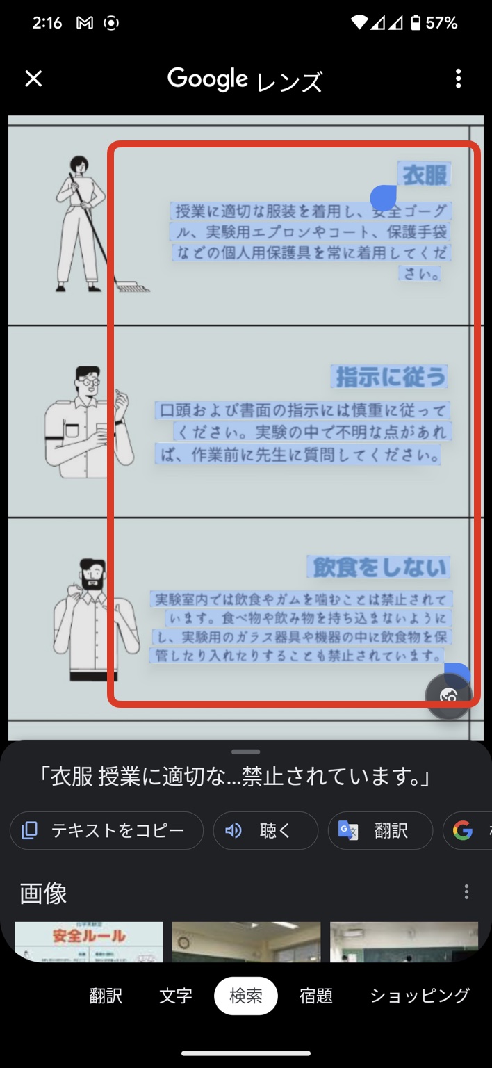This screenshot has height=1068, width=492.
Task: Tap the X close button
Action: pos(33,79)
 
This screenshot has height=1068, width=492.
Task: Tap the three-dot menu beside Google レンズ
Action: pos(458,79)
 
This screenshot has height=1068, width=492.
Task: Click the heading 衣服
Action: pos(425,175)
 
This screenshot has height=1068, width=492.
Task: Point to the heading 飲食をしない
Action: pos(379,567)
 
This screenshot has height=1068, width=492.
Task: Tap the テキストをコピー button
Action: pos(106,830)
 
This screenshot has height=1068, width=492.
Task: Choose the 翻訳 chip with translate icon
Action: pos(380,830)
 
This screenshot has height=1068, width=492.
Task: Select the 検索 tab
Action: pos(245,996)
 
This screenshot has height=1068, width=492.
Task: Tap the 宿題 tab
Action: pos(316,996)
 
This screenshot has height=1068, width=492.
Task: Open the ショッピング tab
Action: pos(419,996)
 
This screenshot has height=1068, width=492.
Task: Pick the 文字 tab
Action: pos(176,996)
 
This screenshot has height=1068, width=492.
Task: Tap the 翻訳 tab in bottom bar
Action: pos(106,996)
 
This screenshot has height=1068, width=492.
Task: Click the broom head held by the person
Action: pos(131,286)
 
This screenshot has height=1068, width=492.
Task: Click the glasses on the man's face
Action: pos(88,382)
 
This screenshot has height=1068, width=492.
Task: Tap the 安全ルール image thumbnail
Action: pos(88,941)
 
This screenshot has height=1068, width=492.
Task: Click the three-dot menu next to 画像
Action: pos(466,892)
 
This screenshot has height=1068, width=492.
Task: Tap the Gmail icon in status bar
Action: pos(85,23)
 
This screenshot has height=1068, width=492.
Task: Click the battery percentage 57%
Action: pos(442,23)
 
